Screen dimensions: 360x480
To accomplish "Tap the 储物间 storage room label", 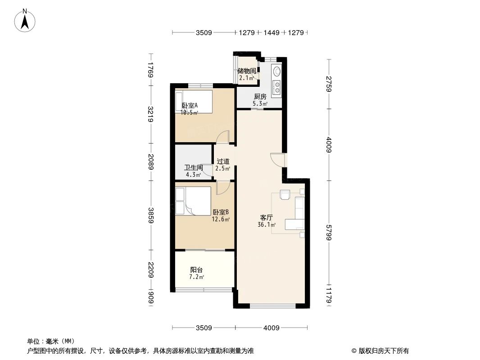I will click(x=247, y=71).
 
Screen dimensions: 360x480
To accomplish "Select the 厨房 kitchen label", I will click(x=260, y=96).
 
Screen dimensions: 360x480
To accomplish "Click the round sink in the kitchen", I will click(x=276, y=72).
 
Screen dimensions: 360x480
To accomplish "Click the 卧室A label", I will click(x=190, y=106).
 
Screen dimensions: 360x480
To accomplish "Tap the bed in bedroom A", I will click(x=194, y=101).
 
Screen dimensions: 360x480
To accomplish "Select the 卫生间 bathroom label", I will click(x=193, y=168).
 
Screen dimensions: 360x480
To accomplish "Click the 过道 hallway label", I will click(x=223, y=161).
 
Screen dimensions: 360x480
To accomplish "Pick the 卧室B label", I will click(x=221, y=212).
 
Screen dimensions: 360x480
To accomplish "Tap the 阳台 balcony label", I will click(x=196, y=270).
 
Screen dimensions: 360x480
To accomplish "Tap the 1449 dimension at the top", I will click(x=272, y=33).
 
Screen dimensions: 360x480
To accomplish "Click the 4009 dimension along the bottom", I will click(x=272, y=328).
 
